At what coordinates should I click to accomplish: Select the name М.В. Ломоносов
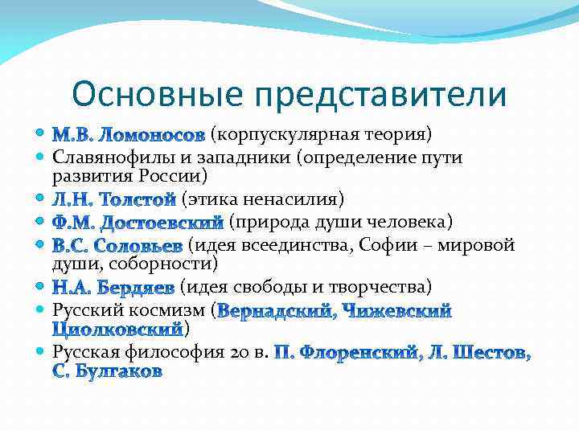tap(129, 133)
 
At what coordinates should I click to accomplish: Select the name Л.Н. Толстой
tap(114, 199)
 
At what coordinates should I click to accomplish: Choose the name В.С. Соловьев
tap(117, 245)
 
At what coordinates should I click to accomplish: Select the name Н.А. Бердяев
tap(113, 287)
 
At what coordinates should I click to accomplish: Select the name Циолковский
tap(117, 329)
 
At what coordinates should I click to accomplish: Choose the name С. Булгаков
tap(107, 371)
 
